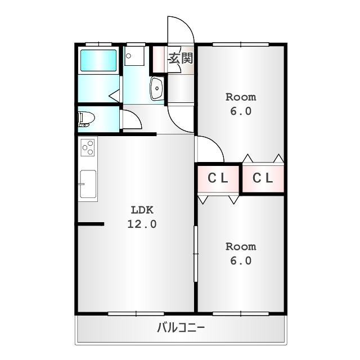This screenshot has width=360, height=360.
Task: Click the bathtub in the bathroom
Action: tap(98, 60)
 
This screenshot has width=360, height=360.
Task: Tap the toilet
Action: tap(86, 119)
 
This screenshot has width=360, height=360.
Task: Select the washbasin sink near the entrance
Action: tap(157, 88)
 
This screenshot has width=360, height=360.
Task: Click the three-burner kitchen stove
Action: tap(88, 147)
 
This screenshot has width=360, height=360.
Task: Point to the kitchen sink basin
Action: tap(88, 184)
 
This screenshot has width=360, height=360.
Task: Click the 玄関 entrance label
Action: tap(181, 58)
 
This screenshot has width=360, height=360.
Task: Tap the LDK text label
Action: tap(142, 210)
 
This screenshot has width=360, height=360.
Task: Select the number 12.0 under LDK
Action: tap(142, 224)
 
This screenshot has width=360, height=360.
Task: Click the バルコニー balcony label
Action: tap(181, 327)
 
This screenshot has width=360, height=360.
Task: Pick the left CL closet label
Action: tap(218, 178)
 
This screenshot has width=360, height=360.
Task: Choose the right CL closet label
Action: tap(263, 178)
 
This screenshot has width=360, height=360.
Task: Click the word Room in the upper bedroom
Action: tap(241, 97)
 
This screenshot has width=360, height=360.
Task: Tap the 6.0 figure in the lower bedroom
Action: tap(241, 261)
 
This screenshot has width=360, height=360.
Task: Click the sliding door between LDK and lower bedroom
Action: tap(196, 254)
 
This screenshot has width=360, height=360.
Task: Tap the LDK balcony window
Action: tap(136, 314)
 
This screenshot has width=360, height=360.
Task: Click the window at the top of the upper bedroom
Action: tap(241, 44)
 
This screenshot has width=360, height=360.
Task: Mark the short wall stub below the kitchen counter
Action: tap(91, 224)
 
